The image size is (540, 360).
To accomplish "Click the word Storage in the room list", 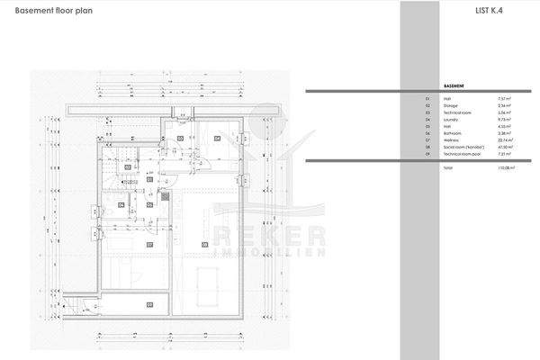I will [453, 104].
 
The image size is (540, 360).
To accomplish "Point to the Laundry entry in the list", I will [453, 119].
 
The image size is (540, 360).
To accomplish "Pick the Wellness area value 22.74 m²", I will [504, 139].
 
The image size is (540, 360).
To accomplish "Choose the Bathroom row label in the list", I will [454, 132].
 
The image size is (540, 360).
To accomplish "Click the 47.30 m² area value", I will [504, 147].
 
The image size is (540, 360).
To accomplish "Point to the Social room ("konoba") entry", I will [465, 147].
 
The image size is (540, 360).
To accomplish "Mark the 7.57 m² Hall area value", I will [504, 97].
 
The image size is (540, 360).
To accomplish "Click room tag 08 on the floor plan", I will [205, 242].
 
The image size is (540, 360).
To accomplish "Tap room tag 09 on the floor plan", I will [149, 305].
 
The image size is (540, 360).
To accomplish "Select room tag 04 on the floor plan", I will [218, 138].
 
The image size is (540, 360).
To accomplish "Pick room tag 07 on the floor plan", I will [149, 242].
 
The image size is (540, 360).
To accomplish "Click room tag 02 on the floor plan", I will [180, 138].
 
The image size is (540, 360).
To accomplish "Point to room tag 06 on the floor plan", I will [122, 204].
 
